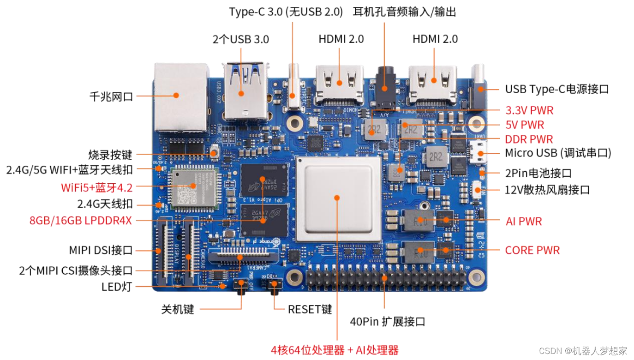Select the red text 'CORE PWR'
coord(532,250)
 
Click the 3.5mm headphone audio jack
coord(385,87)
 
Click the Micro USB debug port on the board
coord(479,153)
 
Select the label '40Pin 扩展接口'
coord(388,322)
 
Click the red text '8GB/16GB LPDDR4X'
coord(81,221)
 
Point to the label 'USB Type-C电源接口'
coord(557,89)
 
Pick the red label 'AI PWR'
coord(524,222)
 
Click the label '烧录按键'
coord(110,155)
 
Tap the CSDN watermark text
coord(583,351)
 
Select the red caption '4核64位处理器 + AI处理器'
coord(335,350)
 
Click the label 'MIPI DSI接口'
coord(101,250)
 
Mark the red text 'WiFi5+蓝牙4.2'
coord(97,187)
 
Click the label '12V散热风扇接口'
coord(547,190)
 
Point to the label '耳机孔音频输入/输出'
coord(405,12)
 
